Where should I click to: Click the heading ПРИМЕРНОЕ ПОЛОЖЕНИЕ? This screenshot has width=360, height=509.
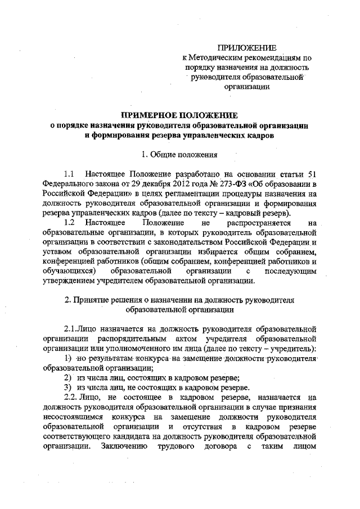[x=179, y=115]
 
